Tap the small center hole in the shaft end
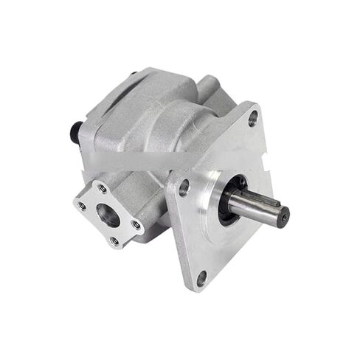click(283, 216)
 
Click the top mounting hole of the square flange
click(253, 117)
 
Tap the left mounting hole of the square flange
click(184, 187)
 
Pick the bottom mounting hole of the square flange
click(201, 279)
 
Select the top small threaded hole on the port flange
click(102, 190)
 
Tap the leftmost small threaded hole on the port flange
click(82, 207)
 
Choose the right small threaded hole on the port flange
click(136, 224)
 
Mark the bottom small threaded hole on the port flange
click(114, 240)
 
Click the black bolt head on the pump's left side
click(75, 133)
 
